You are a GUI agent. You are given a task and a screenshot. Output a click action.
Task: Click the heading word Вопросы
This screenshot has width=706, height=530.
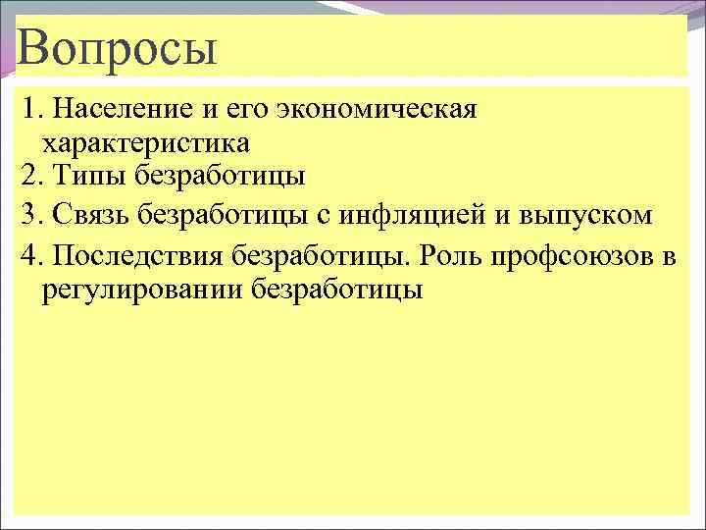(x=115, y=48)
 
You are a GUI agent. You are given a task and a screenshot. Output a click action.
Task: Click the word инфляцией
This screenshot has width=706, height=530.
(x=429, y=212)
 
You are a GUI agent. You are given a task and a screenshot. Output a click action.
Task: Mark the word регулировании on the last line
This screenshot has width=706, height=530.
(x=142, y=291)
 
